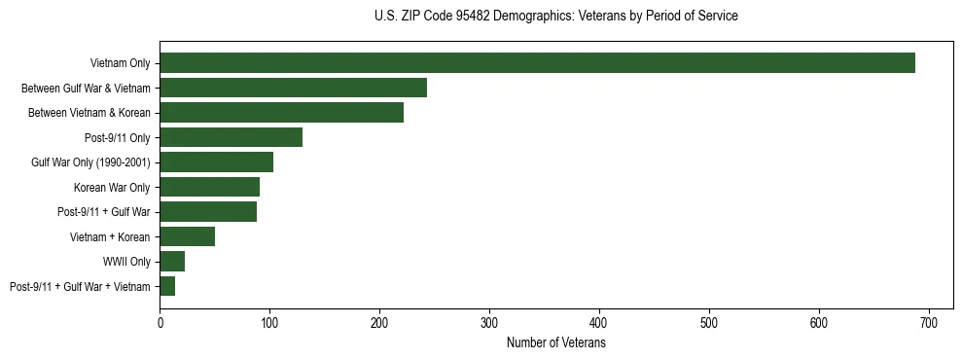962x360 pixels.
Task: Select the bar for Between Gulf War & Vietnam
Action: point(293,88)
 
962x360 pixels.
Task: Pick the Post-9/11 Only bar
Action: point(231,137)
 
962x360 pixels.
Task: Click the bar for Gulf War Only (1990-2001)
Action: point(216,162)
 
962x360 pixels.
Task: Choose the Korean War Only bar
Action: point(209,187)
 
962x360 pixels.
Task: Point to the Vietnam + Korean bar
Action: point(187,236)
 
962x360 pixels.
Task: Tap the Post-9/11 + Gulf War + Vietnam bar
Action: point(167,286)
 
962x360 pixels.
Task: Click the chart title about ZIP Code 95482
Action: point(555,17)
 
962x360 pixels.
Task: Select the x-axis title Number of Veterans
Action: point(555,343)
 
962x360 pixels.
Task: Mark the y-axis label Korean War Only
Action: point(112,187)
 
